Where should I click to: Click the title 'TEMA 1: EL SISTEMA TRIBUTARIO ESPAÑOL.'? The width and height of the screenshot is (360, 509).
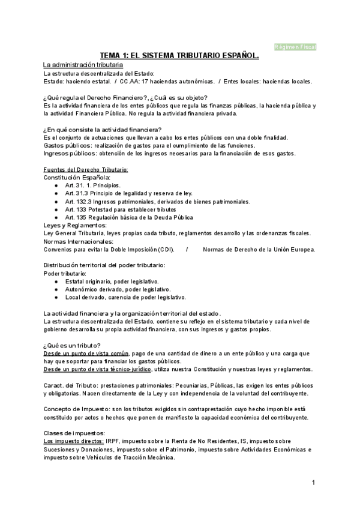[179, 55]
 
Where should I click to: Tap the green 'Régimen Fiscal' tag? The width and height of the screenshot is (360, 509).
[295, 46]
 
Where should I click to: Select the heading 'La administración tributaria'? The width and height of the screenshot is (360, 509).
[83, 64]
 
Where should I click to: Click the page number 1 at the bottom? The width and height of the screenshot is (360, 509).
[313, 482]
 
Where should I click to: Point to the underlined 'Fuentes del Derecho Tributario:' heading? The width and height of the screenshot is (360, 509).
[86, 170]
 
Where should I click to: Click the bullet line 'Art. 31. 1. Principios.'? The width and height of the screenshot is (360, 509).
[93, 185]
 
